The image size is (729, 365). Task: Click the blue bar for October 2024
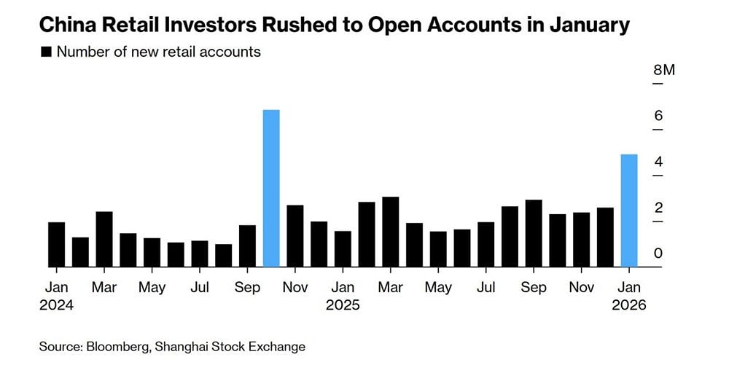tap(271, 188)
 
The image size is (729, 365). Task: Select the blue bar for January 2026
tap(629, 211)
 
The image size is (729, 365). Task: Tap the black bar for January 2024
tap(57, 244)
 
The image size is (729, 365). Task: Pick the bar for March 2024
tap(104, 239)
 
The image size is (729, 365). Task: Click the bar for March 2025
tap(391, 232)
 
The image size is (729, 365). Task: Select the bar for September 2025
tap(534, 233)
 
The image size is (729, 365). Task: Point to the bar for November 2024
tap(295, 236)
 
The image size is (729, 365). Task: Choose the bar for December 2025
tap(605, 237)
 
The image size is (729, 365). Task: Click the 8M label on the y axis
tap(664, 71)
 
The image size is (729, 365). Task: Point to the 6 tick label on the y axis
tap(658, 116)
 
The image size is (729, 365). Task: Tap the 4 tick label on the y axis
tap(658, 162)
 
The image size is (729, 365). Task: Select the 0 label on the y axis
tap(658, 254)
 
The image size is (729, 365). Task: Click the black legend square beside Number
tap(47, 52)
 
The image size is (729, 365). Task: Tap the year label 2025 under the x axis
tap(343, 305)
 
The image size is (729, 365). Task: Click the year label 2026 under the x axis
tap(629, 305)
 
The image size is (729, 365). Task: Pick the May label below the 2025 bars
tap(438, 288)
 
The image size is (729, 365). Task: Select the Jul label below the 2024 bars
tap(200, 288)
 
